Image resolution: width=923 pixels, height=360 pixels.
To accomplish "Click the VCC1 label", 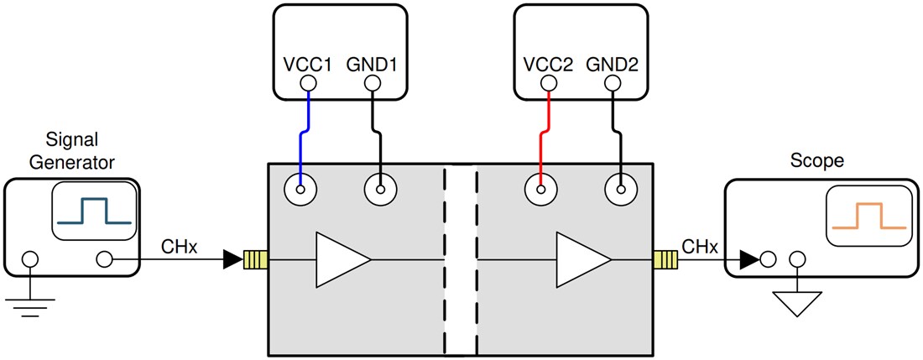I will coord(308,63).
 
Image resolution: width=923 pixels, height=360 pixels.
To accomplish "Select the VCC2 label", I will coord(548,63).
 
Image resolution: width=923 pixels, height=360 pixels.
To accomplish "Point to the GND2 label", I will coord(614,63).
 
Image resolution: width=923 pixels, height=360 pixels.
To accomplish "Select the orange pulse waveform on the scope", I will coord(868,216).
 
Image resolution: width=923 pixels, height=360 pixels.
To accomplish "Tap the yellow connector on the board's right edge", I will coord(665,259).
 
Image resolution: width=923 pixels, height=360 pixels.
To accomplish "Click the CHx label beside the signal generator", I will coord(178,246).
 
